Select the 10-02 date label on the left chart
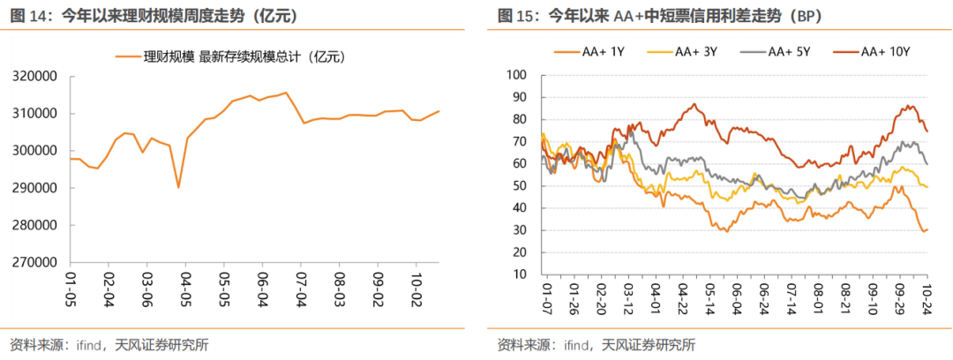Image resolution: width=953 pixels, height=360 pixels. [x=413, y=289]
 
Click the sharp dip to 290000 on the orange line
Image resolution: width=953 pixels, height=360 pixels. [x=178, y=187]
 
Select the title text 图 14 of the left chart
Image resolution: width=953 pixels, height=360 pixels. [x=27, y=15]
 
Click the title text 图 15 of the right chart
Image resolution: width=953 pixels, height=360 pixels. [x=514, y=15]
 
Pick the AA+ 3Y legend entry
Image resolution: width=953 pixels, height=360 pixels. [x=686, y=53]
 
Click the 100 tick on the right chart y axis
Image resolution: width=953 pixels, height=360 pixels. [x=516, y=75]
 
